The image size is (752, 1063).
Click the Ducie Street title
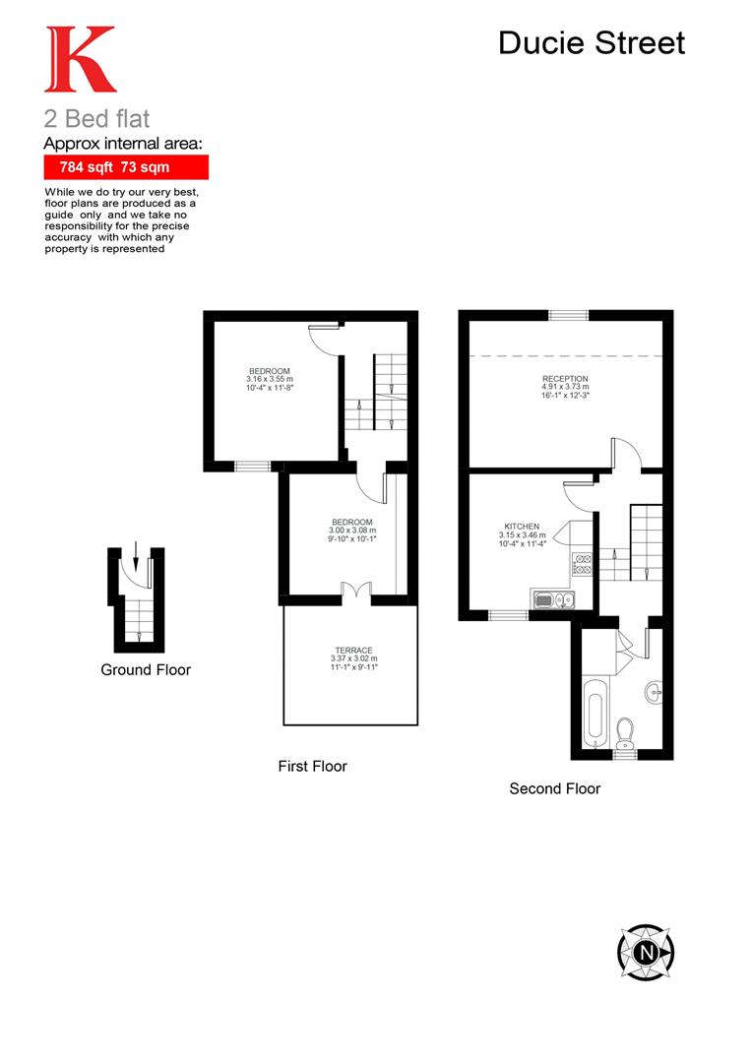[x=591, y=42]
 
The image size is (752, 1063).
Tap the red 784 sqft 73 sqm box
[x=125, y=167]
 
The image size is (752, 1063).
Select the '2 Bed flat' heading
[x=96, y=119]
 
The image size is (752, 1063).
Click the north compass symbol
[x=646, y=952]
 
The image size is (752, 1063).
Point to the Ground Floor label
[x=146, y=670]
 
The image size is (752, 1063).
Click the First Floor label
[x=312, y=766]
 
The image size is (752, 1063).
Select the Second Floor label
[x=554, y=788]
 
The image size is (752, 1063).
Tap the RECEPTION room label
[x=565, y=379]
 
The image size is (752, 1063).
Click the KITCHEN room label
[x=522, y=527]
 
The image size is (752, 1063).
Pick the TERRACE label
[x=353, y=651]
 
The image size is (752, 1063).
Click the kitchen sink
[x=549, y=599]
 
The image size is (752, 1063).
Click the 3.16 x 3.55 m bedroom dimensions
[x=269, y=379]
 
